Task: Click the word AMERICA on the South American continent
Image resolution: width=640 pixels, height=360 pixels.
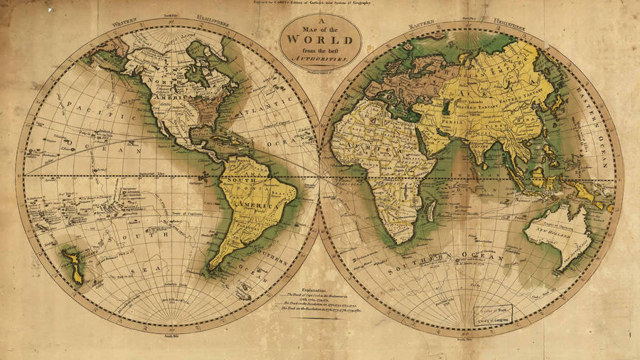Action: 245,204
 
